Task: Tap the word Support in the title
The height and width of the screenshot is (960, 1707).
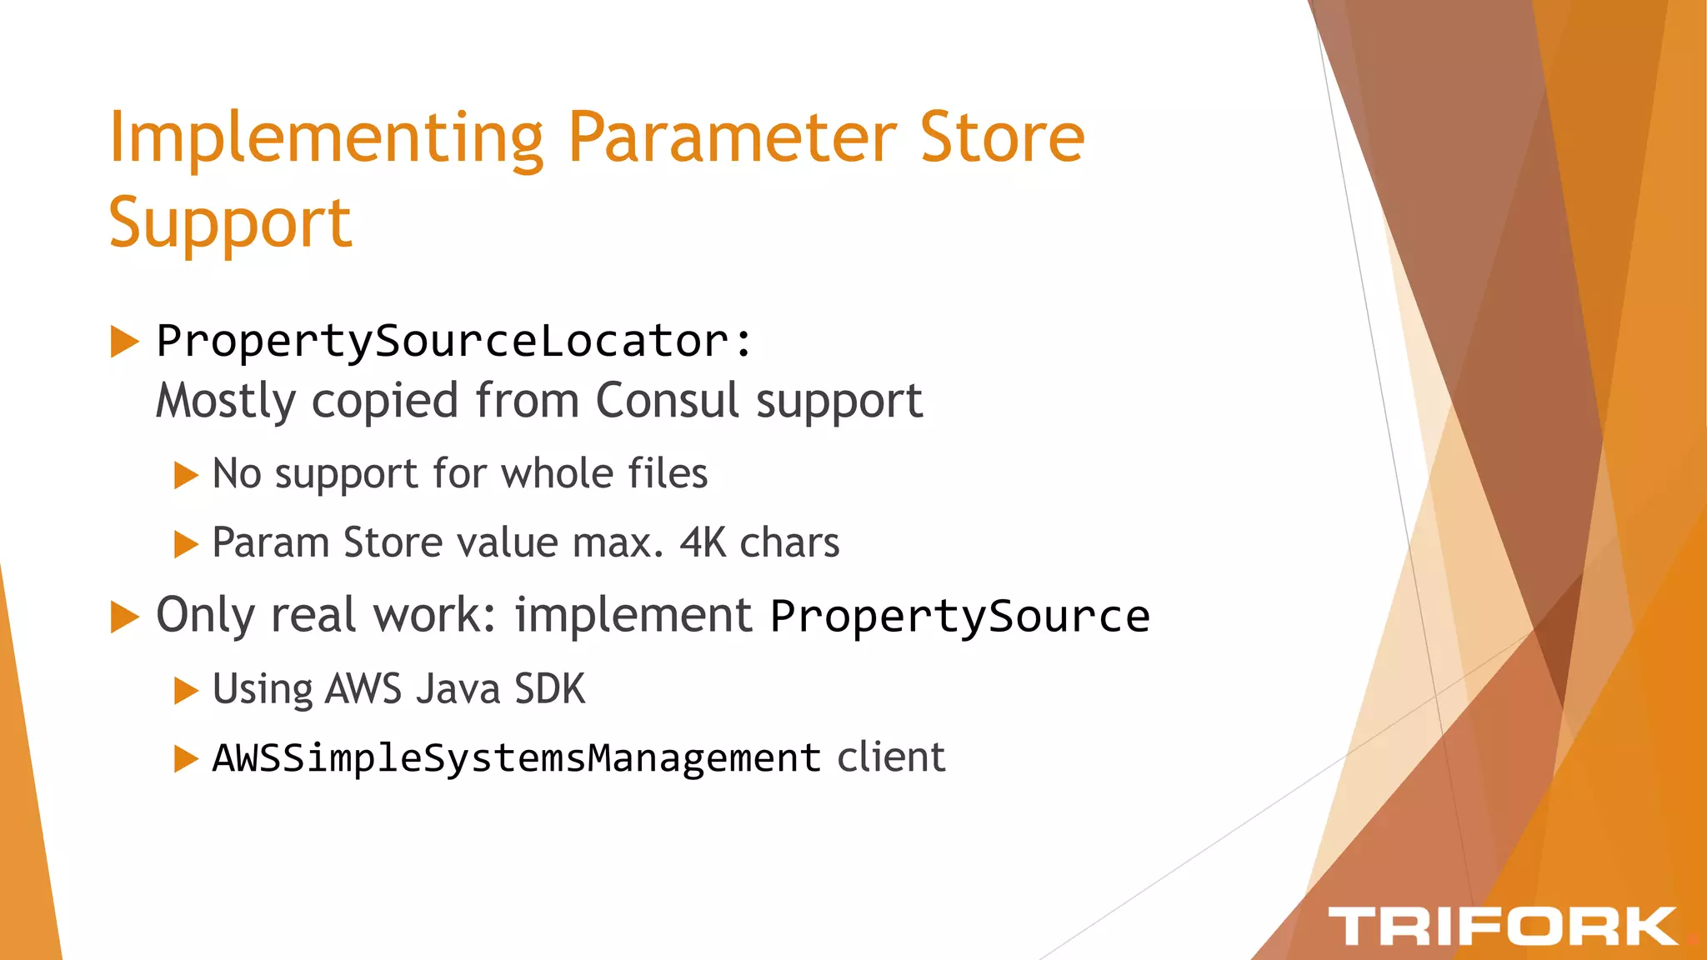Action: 230,222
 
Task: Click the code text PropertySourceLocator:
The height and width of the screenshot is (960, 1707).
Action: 454,342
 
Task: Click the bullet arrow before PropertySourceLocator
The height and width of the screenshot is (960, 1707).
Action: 124,342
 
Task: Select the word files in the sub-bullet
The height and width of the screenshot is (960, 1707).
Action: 667,473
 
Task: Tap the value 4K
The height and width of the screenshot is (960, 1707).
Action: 703,543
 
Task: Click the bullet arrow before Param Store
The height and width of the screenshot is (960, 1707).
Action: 185,545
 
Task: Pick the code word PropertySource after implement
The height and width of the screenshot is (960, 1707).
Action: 959,617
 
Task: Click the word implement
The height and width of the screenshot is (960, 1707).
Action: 633,616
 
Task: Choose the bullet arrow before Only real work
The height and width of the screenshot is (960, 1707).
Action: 124,617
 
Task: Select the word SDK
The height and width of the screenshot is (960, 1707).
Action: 549,689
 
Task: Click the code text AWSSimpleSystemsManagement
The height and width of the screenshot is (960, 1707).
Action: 516,758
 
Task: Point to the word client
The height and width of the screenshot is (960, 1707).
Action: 890,757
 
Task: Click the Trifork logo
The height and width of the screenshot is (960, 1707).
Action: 1502,927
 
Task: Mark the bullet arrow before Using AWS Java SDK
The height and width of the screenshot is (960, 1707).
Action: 185,691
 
